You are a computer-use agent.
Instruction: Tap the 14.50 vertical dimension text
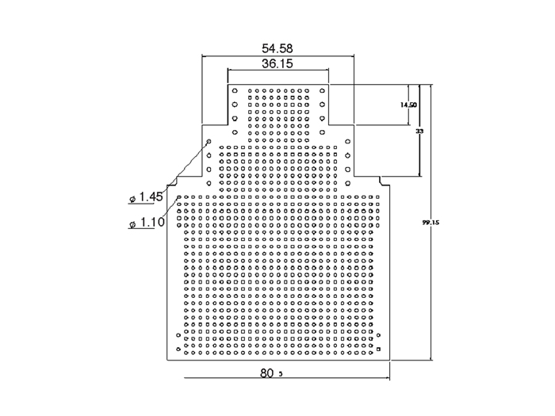pyautogui.click(x=408, y=105)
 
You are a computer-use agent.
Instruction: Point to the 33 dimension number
pyautogui.click(x=419, y=131)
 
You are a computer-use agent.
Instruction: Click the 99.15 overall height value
pyautogui.click(x=431, y=223)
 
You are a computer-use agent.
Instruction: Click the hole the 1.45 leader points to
pyautogui.click(x=209, y=142)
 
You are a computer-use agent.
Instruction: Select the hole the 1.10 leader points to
pyautogui.click(x=179, y=198)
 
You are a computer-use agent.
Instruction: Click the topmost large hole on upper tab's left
pyautogui.click(x=235, y=91)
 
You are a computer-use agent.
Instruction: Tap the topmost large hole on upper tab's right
pyautogui.click(x=322, y=91)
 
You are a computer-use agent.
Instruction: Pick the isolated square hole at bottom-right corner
pyautogui.click(x=380, y=349)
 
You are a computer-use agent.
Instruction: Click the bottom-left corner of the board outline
pyautogui.click(x=166, y=361)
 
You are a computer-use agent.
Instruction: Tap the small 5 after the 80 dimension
pyautogui.click(x=281, y=375)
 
